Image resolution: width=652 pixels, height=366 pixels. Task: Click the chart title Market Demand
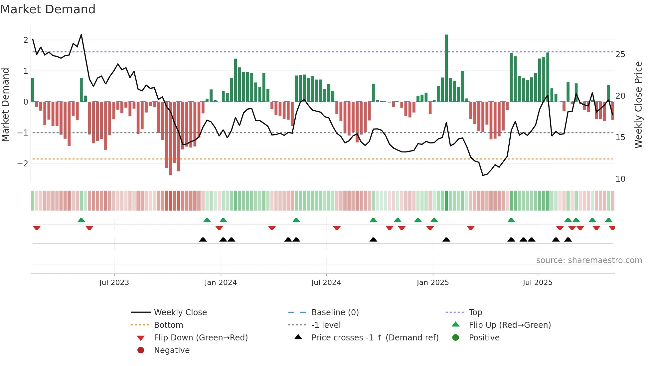(x=48, y=9)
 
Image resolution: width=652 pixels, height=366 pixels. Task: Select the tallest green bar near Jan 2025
(x=446, y=68)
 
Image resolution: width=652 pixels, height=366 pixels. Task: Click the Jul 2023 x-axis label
(x=114, y=283)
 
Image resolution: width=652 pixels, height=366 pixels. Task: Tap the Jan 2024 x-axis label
(x=221, y=283)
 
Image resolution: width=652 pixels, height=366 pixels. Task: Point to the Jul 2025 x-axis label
(x=537, y=283)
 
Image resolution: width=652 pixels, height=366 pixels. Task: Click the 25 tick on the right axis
(x=620, y=54)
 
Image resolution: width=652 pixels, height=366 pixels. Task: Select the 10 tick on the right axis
(x=620, y=179)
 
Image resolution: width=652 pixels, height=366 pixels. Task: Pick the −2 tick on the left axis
(x=23, y=164)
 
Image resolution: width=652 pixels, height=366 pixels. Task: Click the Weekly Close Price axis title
(x=638, y=105)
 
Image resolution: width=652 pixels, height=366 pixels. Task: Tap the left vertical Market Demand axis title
(x=5, y=105)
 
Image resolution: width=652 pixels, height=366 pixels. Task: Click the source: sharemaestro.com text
(x=589, y=260)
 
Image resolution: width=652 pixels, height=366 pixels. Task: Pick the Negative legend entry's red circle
(x=141, y=350)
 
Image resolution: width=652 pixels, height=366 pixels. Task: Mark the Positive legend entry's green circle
(x=456, y=338)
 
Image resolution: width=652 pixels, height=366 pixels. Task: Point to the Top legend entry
(x=475, y=313)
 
